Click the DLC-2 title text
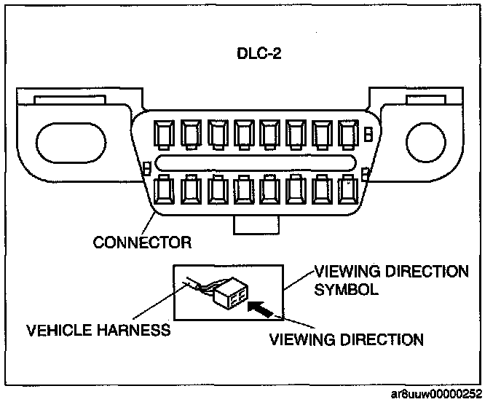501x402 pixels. (259, 53)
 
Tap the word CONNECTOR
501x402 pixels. (142, 243)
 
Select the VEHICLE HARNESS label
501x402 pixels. (98, 330)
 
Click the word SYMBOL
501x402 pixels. (346, 289)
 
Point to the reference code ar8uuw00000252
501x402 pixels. (436, 394)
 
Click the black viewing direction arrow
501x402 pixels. (261, 310)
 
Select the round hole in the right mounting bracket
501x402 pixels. (426, 142)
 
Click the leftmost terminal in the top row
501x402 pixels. (165, 134)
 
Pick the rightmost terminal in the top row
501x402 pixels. (348, 134)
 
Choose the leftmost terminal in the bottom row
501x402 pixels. (165, 190)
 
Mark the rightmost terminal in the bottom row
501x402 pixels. (348, 190)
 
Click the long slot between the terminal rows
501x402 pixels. (256, 162)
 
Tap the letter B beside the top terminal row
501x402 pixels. (368, 134)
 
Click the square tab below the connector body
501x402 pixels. (256, 225)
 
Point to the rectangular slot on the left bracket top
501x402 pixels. (70, 99)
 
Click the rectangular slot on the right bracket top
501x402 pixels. (426, 99)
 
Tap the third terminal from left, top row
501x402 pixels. (218, 134)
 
